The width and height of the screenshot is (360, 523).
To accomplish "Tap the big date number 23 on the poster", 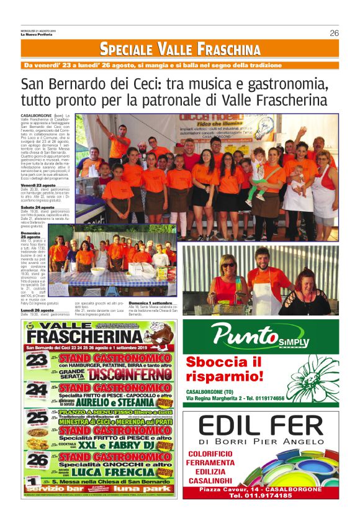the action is click(x=37, y=361).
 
